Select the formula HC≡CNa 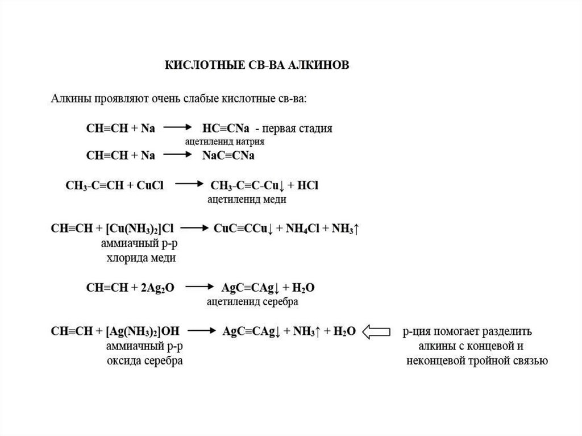tap(226, 128)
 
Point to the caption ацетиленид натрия tap(225, 140)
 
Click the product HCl tap(308, 185)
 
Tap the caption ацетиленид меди tap(246, 200)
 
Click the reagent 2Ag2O tap(156, 288)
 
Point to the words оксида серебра tap(144, 361)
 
